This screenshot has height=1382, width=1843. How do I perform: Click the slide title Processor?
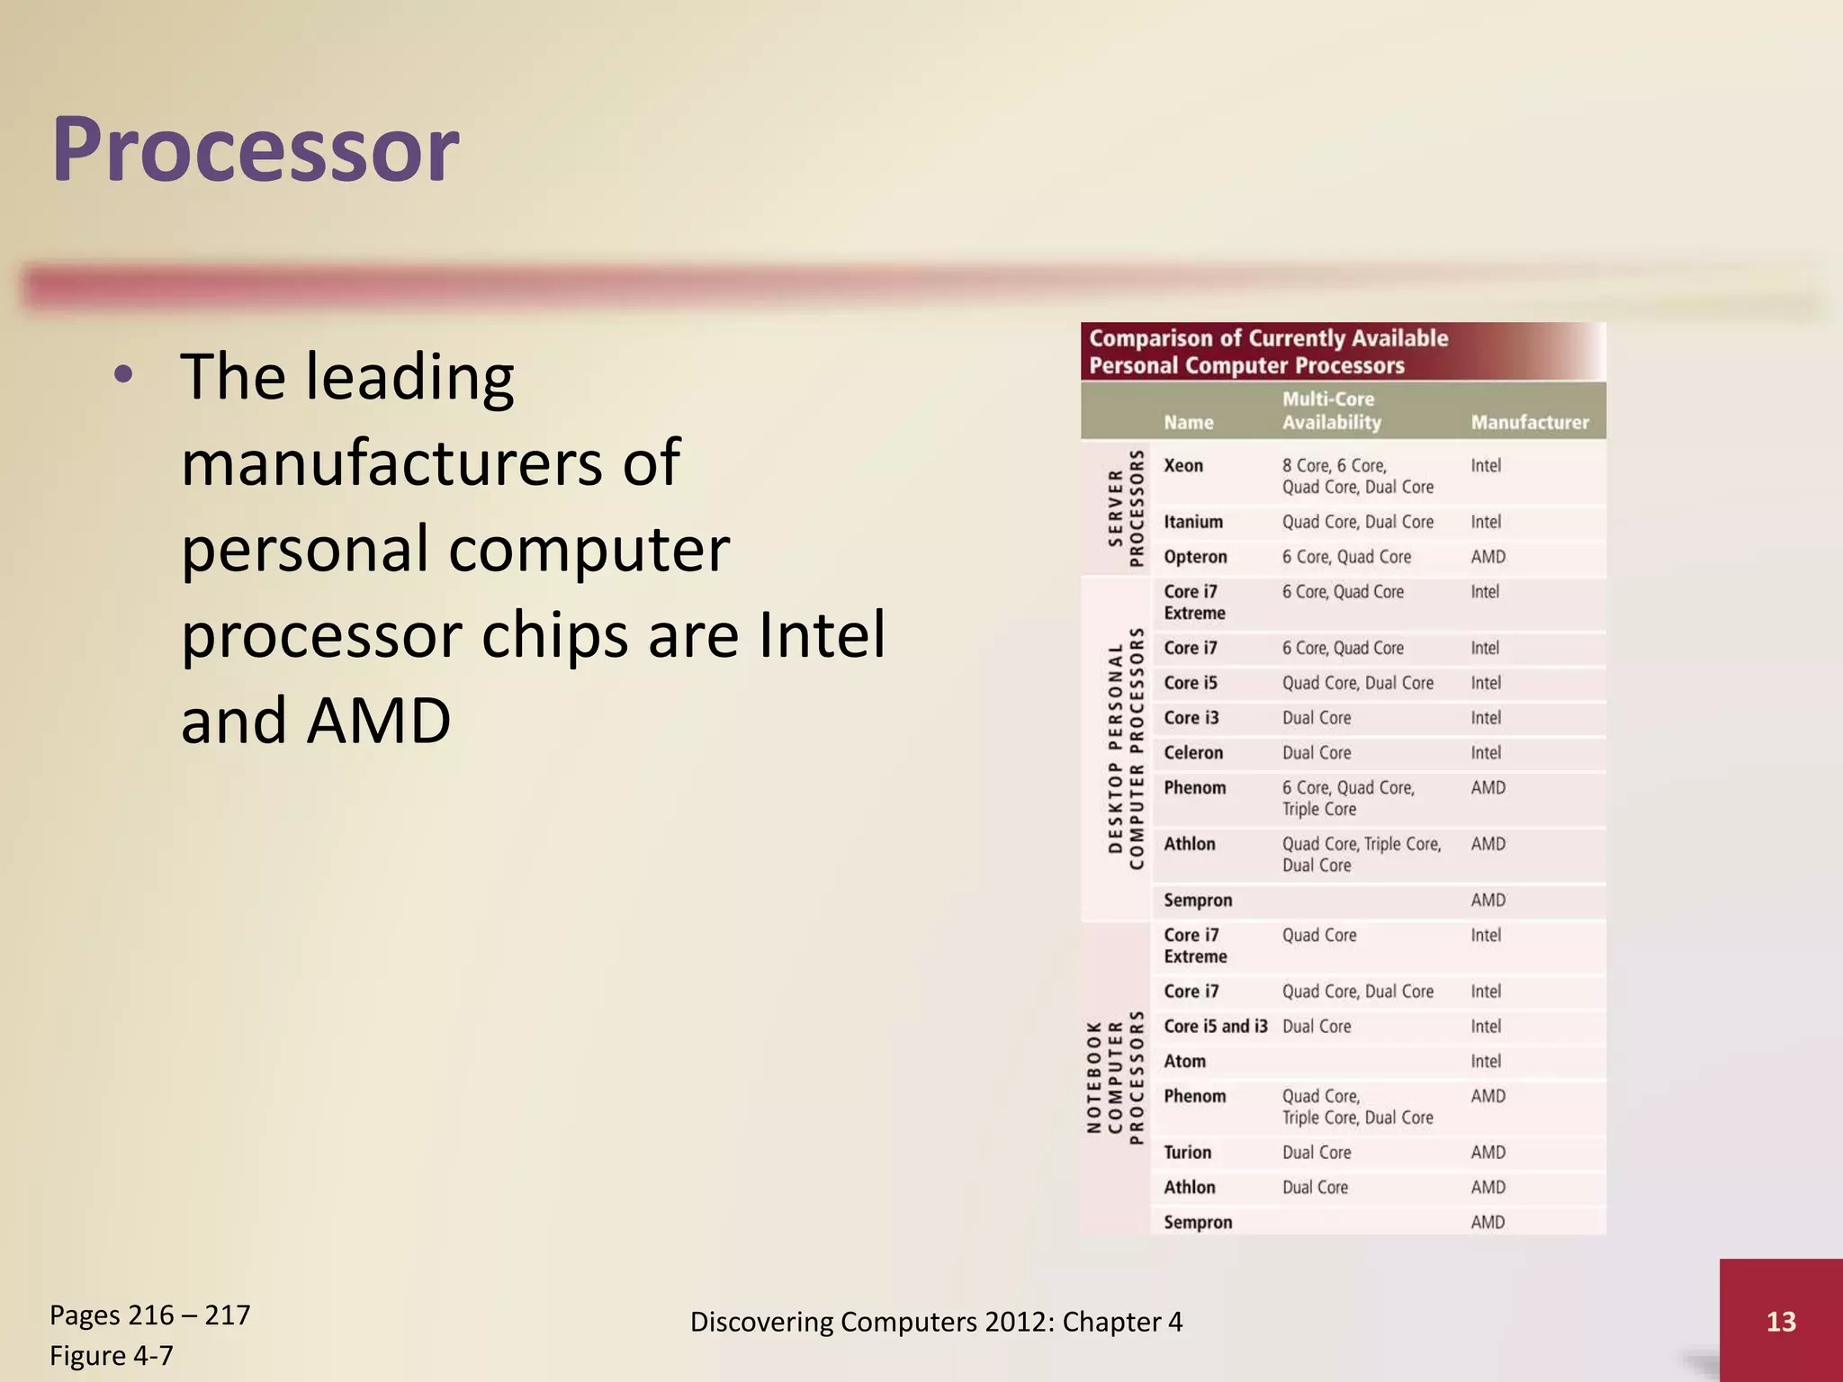[x=256, y=149]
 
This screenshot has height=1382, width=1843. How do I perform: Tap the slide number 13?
[x=1781, y=1321]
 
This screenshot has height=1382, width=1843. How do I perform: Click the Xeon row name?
[x=1182, y=466]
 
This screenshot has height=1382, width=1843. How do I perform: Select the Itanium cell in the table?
[x=1192, y=522]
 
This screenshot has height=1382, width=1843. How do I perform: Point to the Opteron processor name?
[x=1195, y=557]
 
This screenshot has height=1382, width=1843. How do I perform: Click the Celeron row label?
[x=1193, y=753]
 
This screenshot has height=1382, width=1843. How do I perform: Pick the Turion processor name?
[x=1187, y=1153]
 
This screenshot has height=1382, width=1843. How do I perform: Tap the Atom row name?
[x=1184, y=1062]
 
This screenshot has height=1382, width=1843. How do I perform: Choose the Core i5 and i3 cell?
[x=1215, y=1027]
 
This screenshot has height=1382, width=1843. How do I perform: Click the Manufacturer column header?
[x=1529, y=422]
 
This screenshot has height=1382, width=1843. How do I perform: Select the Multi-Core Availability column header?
[x=1331, y=410]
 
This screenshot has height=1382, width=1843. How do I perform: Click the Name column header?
[x=1188, y=422]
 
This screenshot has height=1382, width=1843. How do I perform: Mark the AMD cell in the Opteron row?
[x=1488, y=557]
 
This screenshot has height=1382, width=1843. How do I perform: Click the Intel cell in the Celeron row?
[x=1486, y=753]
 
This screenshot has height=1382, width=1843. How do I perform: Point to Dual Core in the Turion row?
[x=1317, y=1153]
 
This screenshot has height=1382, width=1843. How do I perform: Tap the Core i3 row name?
[x=1191, y=718]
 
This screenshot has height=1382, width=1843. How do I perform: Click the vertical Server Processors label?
[x=1126, y=508]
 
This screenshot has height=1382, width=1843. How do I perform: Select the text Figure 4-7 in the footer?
[x=112, y=1355]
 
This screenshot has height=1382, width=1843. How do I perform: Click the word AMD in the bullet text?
[x=378, y=721]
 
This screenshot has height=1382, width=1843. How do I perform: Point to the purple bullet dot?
[x=124, y=375]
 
